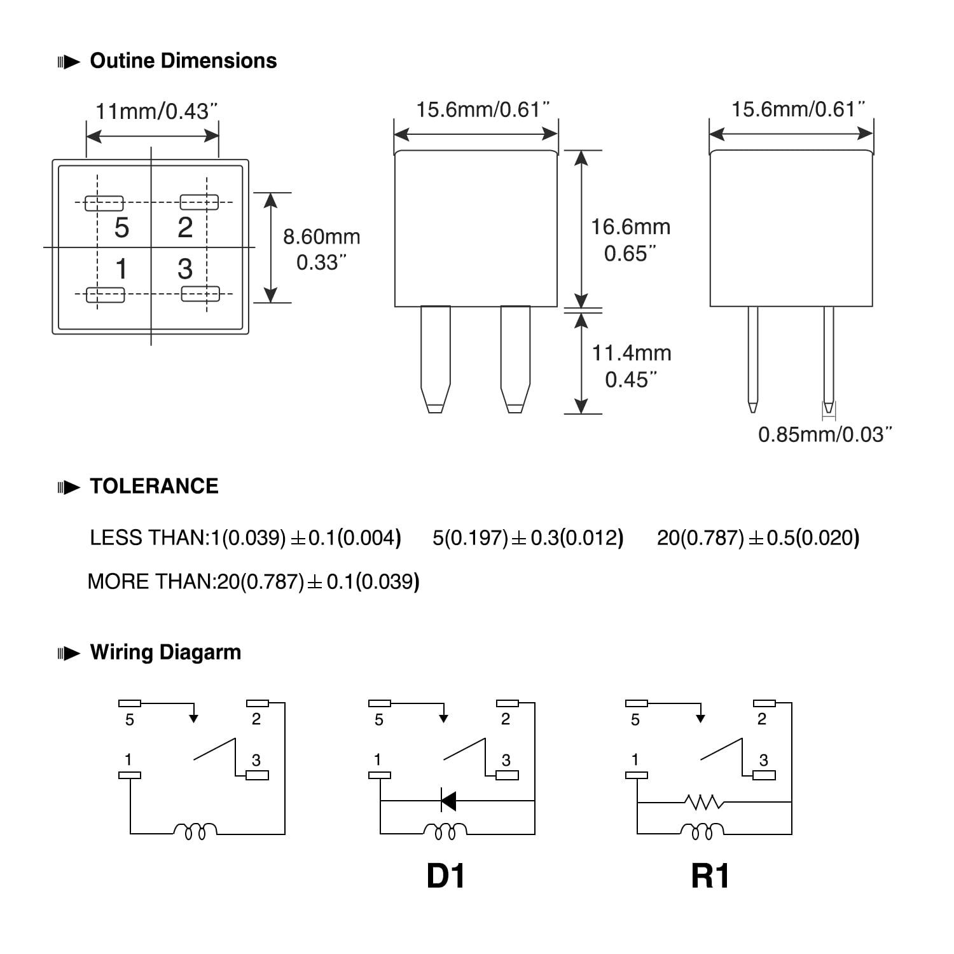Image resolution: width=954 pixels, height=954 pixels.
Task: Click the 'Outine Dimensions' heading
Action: [183, 61]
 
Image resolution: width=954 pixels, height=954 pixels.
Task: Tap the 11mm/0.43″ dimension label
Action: [156, 112]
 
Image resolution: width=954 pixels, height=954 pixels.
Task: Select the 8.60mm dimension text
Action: [321, 237]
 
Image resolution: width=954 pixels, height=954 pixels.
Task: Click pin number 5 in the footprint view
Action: [121, 228]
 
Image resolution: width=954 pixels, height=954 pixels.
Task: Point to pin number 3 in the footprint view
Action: [185, 269]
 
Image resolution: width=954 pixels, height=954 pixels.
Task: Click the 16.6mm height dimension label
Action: [630, 227]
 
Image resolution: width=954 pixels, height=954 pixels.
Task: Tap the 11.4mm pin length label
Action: [632, 353]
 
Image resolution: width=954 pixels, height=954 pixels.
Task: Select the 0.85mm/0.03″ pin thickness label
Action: [825, 435]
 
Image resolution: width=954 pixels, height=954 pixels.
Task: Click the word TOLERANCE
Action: [154, 487]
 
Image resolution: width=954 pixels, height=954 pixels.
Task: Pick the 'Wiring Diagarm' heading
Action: [165, 653]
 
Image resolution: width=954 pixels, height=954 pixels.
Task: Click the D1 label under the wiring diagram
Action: [445, 876]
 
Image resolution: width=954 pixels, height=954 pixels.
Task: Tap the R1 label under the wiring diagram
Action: [710, 876]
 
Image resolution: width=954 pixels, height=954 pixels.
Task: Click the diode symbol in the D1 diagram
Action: [448, 801]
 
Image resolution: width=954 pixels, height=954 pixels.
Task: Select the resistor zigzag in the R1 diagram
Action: [703, 802]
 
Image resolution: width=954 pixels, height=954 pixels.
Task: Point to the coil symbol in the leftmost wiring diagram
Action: [195, 831]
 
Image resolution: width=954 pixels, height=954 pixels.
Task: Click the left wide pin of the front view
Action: [436, 356]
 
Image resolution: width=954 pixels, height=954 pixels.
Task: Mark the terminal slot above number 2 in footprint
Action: [199, 202]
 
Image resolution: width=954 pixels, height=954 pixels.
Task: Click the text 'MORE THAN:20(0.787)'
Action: [196, 582]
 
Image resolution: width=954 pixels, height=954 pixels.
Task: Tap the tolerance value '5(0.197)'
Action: [471, 538]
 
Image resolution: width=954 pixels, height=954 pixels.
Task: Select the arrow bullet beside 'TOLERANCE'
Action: [69, 488]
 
